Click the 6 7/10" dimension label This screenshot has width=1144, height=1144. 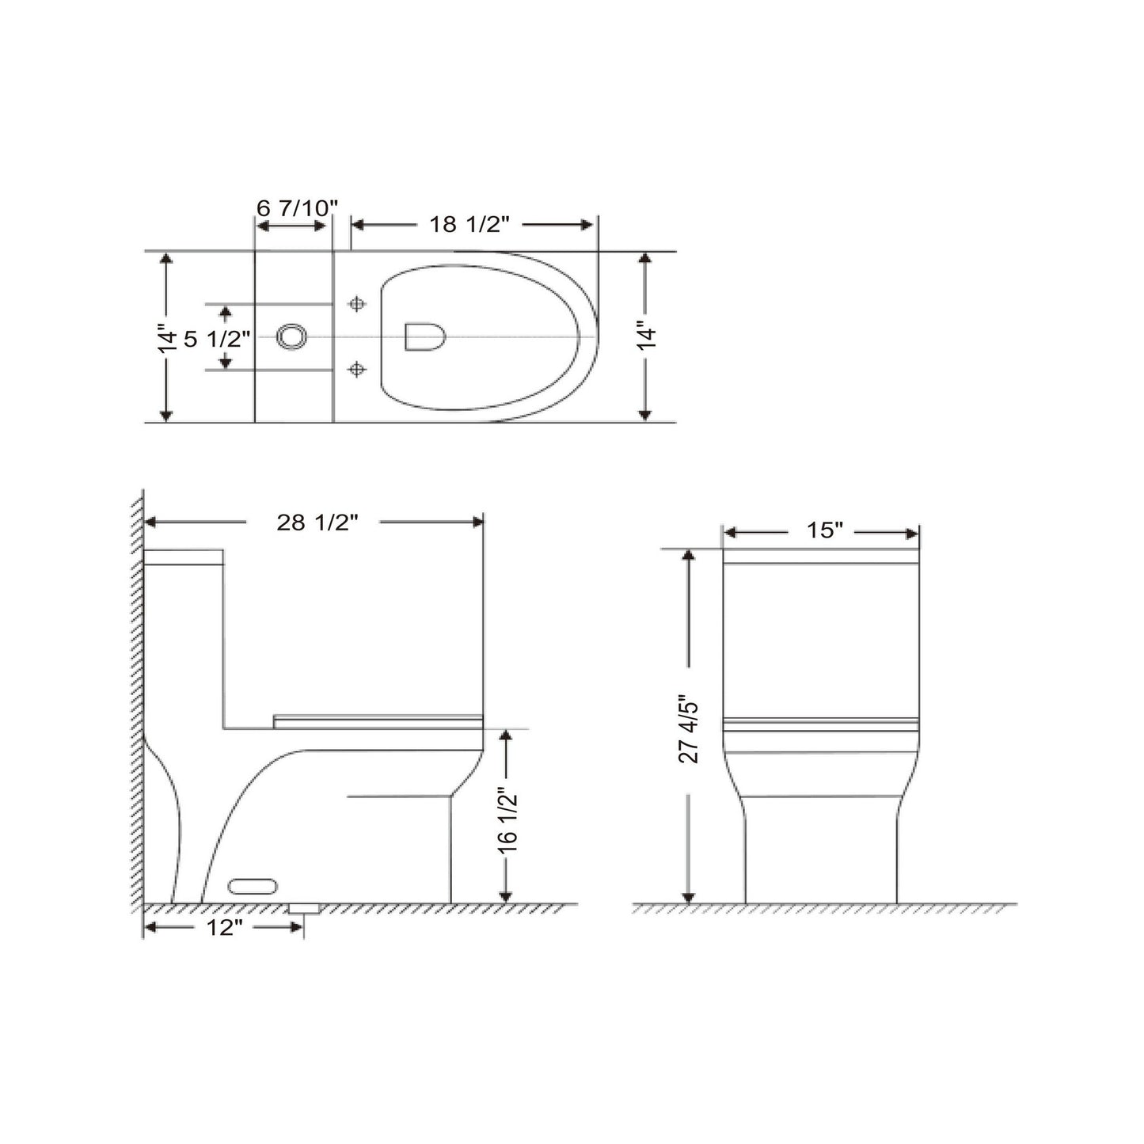coord(297,207)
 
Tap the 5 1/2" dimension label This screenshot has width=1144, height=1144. coord(217,340)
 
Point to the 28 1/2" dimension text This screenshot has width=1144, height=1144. coord(317,523)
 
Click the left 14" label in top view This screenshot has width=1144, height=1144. coord(166,338)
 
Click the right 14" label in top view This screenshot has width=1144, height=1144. coord(647,336)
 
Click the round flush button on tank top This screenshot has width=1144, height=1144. coord(291,336)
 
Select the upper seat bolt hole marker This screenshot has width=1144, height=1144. coord(357,304)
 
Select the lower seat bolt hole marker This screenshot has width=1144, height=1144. coord(357,369)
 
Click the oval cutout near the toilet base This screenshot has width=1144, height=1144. coord(253,886)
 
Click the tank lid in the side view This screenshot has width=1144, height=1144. coord(184,557)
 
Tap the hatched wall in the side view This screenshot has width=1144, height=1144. coord(137,697)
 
